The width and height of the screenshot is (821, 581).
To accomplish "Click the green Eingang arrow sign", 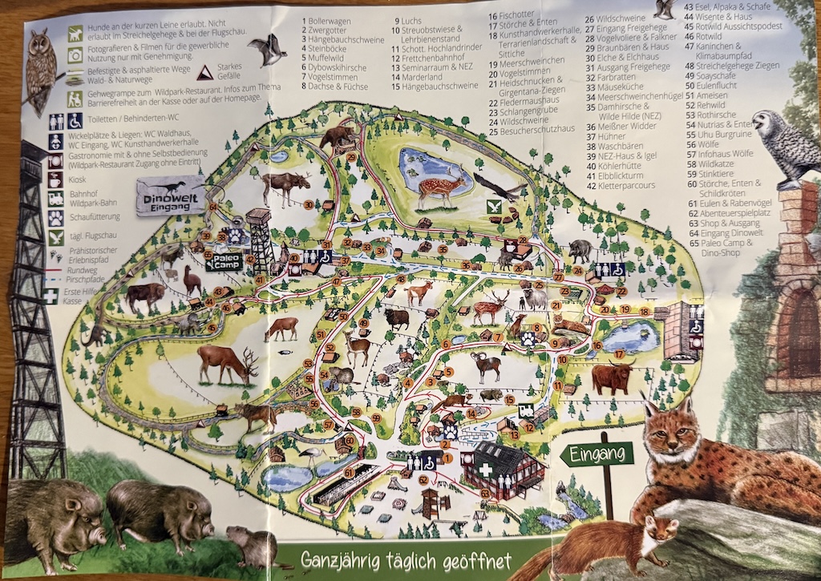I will pyautogui.click(x=597, y=454).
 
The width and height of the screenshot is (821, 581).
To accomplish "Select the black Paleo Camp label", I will pyautogui.click(x=223, y=262).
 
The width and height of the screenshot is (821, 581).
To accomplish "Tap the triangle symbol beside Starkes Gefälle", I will pyautogui.click(x=205, y=72).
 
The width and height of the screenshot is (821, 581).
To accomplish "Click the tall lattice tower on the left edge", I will pyautogui.click(x=34, y=321).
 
